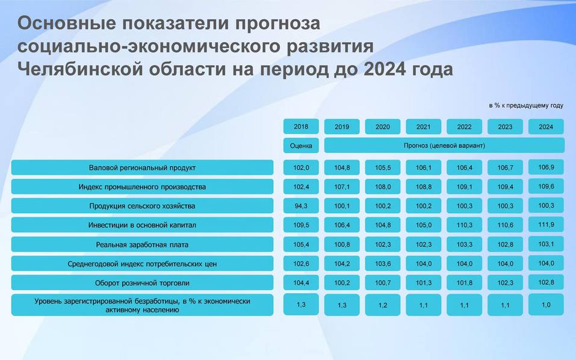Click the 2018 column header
(301, 126)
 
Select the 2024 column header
(546, 126)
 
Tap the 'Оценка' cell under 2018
(301, 146)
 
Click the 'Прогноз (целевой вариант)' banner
(444, 146)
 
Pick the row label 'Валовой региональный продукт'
(142, 167)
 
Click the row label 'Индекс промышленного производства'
(142, 187)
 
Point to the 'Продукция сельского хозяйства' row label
(142, 206)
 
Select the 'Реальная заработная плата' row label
(142, 244)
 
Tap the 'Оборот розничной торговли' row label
(142, 283)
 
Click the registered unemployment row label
(142, 305)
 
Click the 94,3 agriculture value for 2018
(301, 206)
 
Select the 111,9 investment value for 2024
(546, 225)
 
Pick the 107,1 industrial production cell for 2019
(342, 187)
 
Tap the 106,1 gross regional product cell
(424, 167)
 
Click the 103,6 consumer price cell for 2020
(383, 264)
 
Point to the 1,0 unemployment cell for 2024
(546, 305)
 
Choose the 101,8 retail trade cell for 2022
(464, 283)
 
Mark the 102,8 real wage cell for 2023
(505, 244)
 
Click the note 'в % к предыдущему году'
(526, 105)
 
